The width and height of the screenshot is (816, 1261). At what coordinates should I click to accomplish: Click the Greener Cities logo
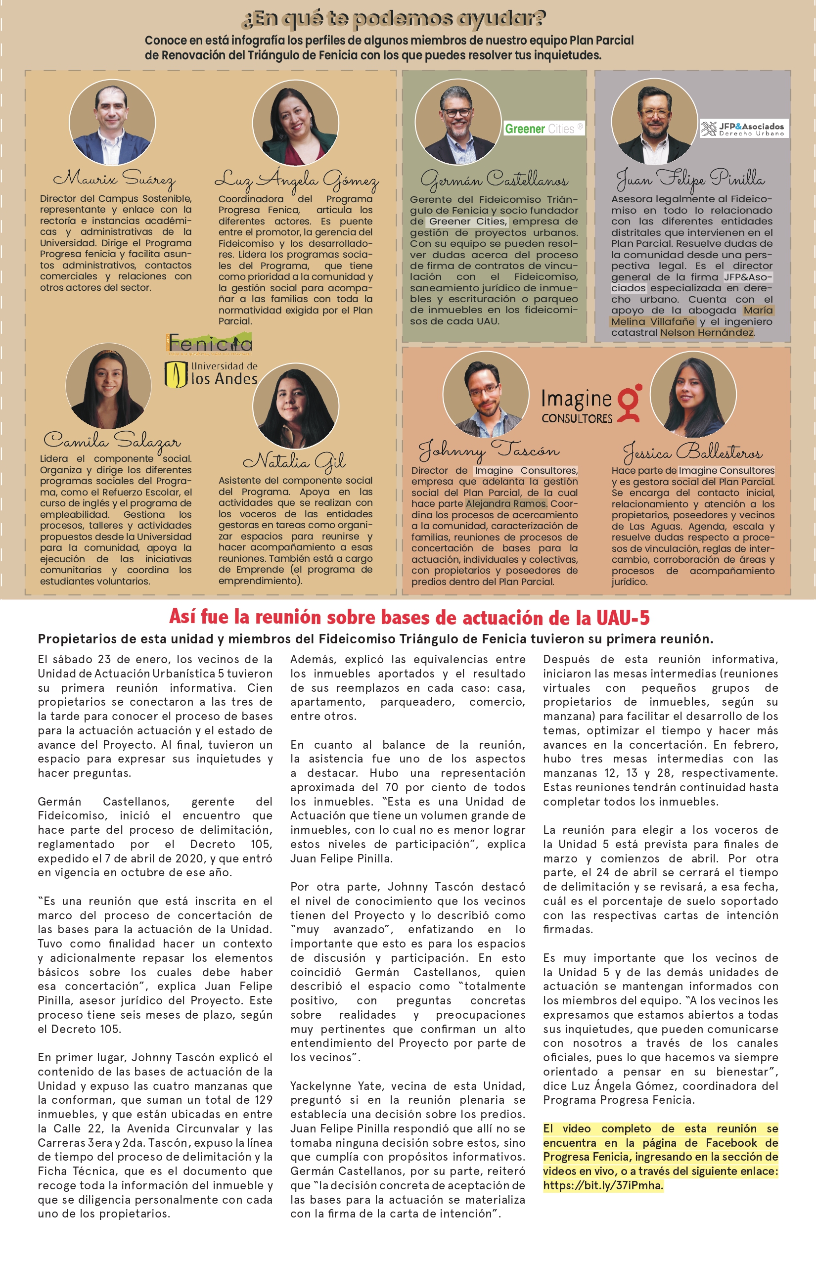(x=544, y=129)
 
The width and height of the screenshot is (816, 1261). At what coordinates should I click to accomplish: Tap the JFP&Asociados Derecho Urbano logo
(x=744, y=129)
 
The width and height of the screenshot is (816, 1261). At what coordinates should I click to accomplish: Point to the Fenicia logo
(x=209, y=343)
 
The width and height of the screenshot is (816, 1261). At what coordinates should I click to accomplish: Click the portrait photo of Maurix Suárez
(x=112, y=123)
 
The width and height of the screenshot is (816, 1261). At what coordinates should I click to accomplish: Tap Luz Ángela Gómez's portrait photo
(x=296, y=123)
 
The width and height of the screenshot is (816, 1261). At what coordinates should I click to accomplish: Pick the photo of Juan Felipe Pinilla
(x=654, y=121)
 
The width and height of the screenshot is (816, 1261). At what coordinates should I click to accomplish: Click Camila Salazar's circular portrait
(x=108, y=385)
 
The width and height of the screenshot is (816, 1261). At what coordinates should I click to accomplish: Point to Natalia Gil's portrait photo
(x=296, y=406)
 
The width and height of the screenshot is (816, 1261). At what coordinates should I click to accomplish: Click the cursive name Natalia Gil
(x=295, y=461)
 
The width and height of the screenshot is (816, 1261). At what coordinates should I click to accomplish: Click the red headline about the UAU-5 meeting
(x=409, y=617)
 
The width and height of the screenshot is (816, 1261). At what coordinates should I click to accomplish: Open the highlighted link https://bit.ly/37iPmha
(x=603, y=1185)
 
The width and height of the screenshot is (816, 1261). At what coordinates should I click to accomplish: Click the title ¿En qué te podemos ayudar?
(x=393, y=19)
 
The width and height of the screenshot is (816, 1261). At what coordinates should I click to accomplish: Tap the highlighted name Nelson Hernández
(x=707, y=333)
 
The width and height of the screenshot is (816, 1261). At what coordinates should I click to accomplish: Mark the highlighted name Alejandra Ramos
(x=506, y=503)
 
